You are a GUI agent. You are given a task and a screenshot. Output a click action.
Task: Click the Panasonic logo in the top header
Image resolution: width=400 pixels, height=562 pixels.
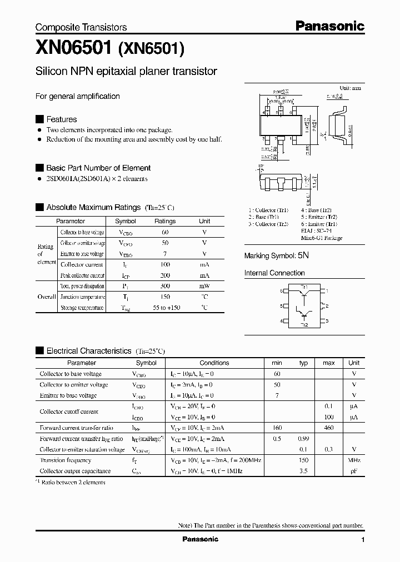329,26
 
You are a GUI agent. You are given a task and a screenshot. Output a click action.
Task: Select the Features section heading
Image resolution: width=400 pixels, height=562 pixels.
61,119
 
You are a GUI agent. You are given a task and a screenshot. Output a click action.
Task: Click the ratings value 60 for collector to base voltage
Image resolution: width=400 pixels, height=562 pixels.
165,232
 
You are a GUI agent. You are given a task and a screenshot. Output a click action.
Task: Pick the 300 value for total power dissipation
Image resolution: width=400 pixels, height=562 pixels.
165,286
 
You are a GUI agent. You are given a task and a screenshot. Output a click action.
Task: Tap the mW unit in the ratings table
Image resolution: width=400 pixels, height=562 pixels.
204,286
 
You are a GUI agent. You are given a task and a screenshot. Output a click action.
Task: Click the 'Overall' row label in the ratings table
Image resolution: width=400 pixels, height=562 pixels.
46,297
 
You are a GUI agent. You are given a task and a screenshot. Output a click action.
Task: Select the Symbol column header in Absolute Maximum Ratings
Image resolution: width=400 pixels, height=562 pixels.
125,221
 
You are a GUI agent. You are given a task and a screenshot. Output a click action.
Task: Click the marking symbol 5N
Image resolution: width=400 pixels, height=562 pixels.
303,256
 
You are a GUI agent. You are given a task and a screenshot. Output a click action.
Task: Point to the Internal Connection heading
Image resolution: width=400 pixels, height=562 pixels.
274,273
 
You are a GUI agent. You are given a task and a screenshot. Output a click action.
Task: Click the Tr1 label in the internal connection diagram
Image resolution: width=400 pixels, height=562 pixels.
304,287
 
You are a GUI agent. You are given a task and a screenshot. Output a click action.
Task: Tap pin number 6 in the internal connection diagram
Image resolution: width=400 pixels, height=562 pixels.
282,291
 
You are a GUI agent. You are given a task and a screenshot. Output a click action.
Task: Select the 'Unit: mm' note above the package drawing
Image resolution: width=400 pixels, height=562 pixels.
350,88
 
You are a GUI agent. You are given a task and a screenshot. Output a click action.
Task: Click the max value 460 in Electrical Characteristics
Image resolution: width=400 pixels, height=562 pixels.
329,428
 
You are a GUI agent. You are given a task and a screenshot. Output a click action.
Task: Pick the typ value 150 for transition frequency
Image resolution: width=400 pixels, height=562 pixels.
303,460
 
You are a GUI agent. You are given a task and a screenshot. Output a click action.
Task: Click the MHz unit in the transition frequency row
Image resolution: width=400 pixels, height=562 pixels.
354,460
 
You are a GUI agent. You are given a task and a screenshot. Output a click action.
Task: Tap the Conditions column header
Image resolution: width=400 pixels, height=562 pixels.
214,363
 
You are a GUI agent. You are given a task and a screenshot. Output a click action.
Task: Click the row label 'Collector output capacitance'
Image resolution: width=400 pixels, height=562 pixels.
75,471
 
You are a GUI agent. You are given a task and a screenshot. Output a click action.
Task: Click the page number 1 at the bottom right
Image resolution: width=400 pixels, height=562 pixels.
363,540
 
